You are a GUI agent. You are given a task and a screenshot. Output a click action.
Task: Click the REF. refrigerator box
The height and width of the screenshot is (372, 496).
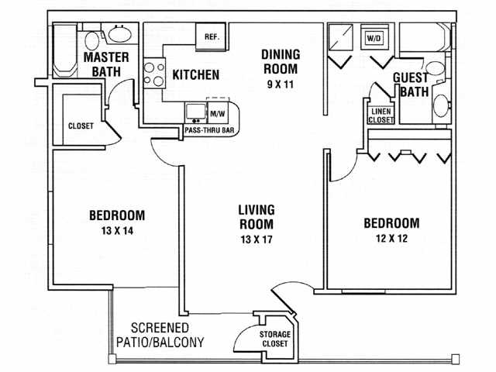click(212, 37)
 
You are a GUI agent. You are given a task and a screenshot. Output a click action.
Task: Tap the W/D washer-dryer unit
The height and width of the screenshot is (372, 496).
click(374, 37)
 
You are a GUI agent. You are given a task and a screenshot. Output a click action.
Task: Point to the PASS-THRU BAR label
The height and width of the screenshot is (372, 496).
click(208, 131)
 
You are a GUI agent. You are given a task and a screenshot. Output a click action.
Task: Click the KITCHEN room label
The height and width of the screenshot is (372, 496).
click(195, 76)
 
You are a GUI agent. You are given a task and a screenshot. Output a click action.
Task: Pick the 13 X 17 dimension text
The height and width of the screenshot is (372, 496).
click(257, 239)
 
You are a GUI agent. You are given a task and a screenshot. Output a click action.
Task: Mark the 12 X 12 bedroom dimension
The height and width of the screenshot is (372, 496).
click(391, 239)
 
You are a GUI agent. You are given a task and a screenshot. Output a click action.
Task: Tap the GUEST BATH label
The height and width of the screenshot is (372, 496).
click(411, 84)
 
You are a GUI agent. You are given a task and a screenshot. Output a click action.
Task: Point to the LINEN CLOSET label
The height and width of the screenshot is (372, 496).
click(381, 115)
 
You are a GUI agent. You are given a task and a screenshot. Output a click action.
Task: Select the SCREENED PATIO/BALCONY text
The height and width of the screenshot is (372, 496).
click(167, 334)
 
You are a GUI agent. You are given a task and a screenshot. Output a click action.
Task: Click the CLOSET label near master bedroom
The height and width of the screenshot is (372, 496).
click(81, 126)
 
